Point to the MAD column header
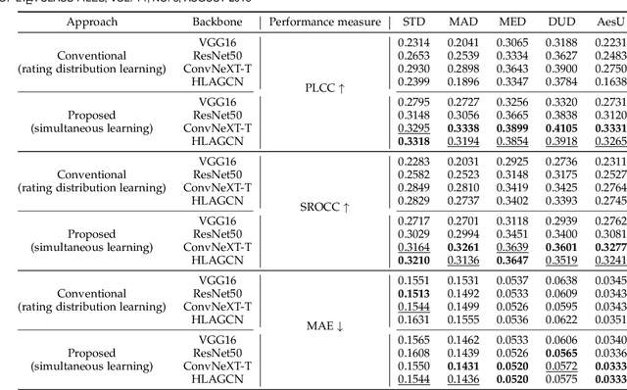click(464, 21)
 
